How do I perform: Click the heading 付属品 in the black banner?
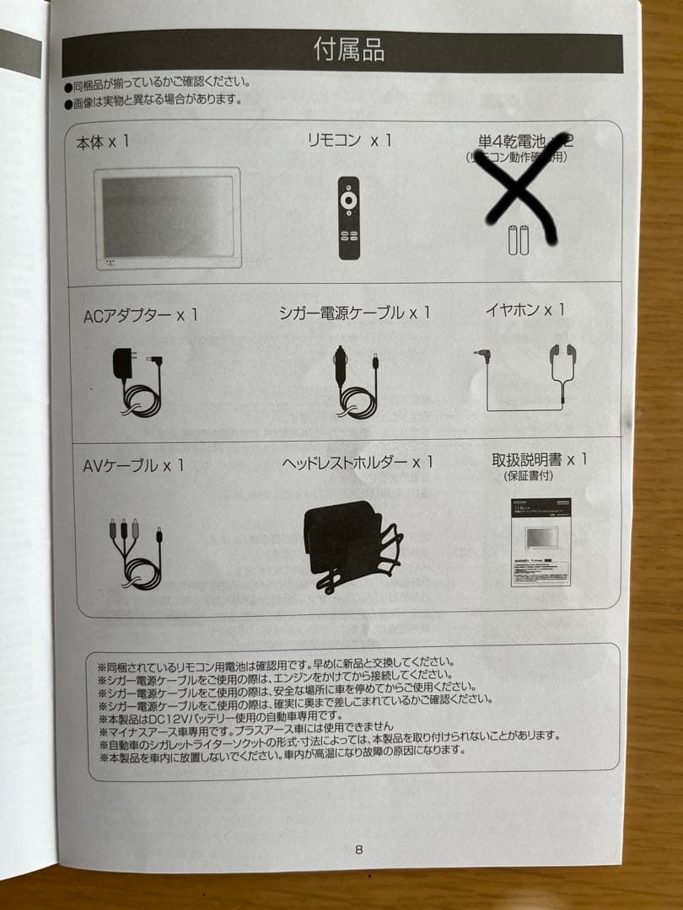(348, 51)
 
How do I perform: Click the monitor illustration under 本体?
(167, 217)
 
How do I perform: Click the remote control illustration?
(349, 217)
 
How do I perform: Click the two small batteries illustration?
(518, 239)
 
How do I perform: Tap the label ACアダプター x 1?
(141, 315)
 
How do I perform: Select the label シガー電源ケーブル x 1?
(354, 313)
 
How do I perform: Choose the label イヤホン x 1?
(524, 310)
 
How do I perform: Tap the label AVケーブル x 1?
(133, 465)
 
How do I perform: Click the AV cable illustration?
(136, 553)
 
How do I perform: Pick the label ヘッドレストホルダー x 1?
(358, 463)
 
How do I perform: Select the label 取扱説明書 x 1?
(540, 460)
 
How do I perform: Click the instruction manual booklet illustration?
(540, 542)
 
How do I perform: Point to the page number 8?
(359, 849)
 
